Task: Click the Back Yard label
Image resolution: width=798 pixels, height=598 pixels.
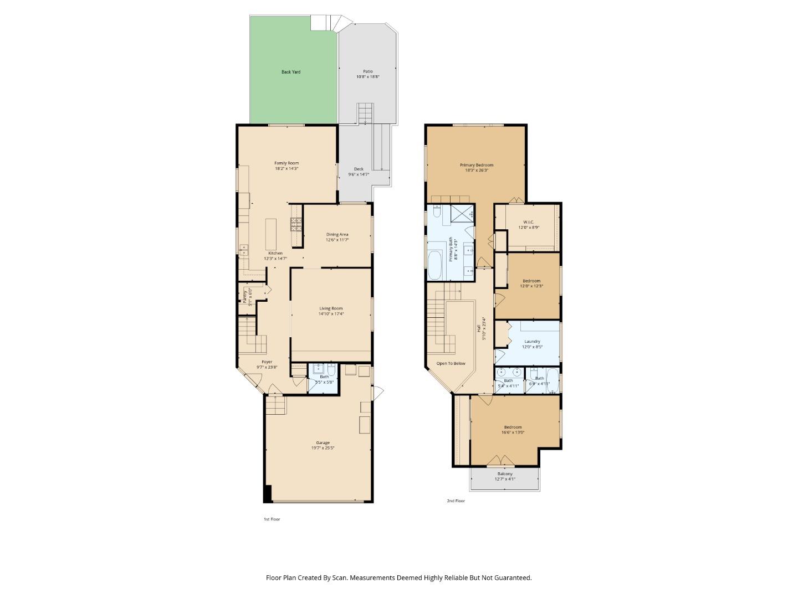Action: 291,72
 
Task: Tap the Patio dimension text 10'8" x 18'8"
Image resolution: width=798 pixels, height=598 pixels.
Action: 368,77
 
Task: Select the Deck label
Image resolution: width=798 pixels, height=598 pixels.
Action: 359,169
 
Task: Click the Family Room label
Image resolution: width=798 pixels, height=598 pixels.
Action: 287,163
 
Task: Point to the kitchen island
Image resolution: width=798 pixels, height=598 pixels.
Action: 270,234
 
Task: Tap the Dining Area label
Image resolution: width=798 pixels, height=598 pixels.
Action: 337,234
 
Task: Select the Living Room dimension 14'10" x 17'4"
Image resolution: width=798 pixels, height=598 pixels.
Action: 331,314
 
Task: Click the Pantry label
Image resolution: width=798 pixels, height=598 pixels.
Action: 244,296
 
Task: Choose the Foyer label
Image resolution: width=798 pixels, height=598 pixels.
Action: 267,362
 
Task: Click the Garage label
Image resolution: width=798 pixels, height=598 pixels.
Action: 323,442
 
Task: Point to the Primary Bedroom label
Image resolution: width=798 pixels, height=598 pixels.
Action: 476,165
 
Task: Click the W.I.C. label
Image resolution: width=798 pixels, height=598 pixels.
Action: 528,222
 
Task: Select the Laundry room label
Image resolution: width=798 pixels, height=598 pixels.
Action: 532,342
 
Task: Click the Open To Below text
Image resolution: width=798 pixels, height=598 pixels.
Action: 451,364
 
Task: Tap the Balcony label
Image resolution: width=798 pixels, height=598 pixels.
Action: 505,474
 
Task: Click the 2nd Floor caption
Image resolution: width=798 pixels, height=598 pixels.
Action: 456,501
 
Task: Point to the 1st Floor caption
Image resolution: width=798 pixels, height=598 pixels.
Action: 272,519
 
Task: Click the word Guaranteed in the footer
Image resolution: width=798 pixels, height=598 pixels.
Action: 514,578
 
